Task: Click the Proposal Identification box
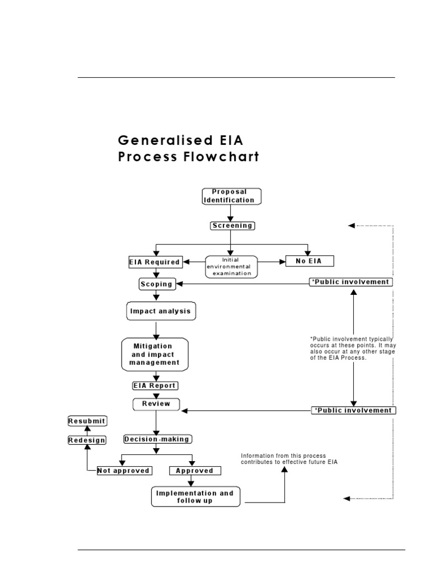pos(231,196)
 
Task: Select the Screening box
pos(232,226)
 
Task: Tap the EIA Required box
pos(155,261)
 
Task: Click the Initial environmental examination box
pos(231,267)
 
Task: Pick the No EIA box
pos(309,261)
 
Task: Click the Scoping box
pos(156,284)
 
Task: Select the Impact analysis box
pos(160,311)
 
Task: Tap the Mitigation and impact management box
pos(155,354)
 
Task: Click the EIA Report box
pos(155,386)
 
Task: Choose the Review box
pos(156,403)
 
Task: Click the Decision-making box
pos(157,439)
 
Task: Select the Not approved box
pos(124,471)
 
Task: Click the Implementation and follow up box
pos(194,497)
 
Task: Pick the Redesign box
pos(87,440)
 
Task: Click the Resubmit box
pos(87,420)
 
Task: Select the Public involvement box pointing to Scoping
pos(352,282)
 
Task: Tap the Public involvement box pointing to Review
pos(353,410)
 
